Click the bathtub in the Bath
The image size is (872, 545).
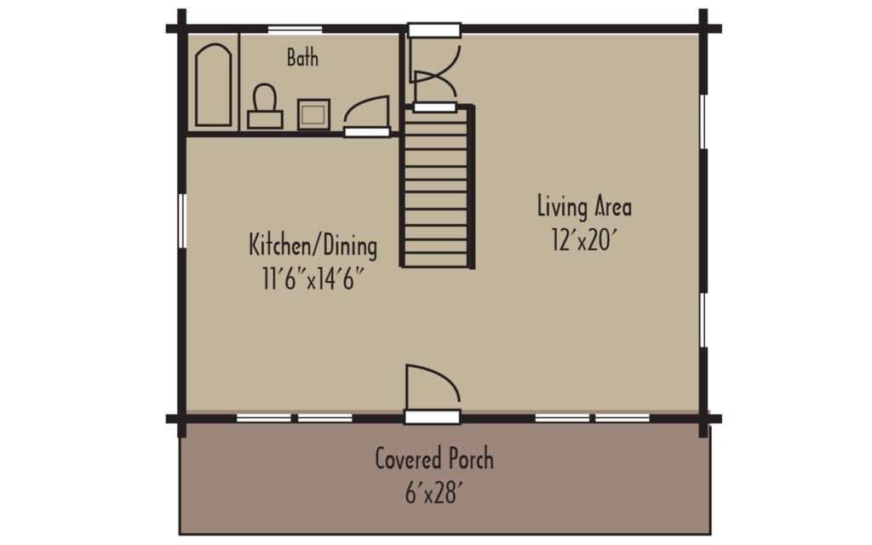(214, 86)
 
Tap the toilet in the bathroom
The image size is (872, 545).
(265, 106)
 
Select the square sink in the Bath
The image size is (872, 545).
(313, 113)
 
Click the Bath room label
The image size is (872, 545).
(302, 58)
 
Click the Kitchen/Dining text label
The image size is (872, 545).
(313, 246)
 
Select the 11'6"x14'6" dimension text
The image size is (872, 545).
(313, 278)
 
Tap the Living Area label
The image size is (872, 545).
(584, 206)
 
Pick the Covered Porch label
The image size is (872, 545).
(434, 460)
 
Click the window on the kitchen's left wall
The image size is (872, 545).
(181, 221)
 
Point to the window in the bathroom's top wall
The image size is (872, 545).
(295, 30)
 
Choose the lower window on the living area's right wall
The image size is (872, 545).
(703, 320)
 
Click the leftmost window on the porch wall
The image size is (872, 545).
(264, 418)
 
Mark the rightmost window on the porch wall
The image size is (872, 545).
(622, 418)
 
